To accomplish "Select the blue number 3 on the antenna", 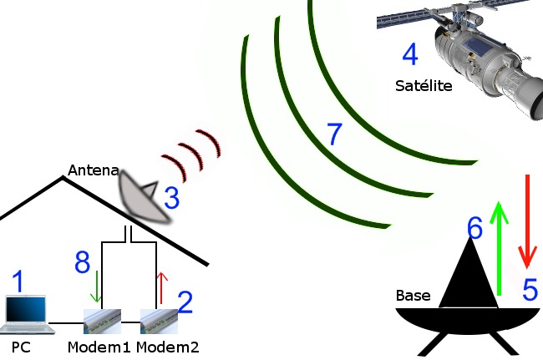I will pos(170,199).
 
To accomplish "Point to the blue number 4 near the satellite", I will pos(410,55).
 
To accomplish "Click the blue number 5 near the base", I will pos(530,288).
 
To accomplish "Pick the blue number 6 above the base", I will pos(474,226).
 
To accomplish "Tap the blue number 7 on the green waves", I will pos(334,134).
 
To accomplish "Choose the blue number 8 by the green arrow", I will pos(82,263).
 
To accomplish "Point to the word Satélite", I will pos(423,85).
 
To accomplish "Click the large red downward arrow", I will pos(527,217).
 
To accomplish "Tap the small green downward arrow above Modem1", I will pos(98,286).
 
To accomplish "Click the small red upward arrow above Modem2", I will pos(162,286).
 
